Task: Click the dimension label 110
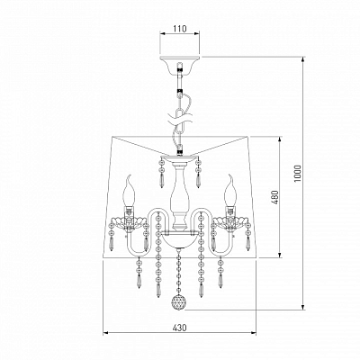pyautogui.click(x=180, y=29)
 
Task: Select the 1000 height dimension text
pyautogui.click(x=297, y=174)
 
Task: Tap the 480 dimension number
pyautogui.click(x=276, y=197)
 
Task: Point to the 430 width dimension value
pyautogui.click(x=180, y=328)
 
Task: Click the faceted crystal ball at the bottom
pyautogui.click(x=178, y=301)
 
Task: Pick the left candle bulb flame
pyautogui.click(x=129, y=191)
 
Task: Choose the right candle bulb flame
pyautogui.click(x=230, y=191)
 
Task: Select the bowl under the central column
pyautogui.click(x=180, y=239)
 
